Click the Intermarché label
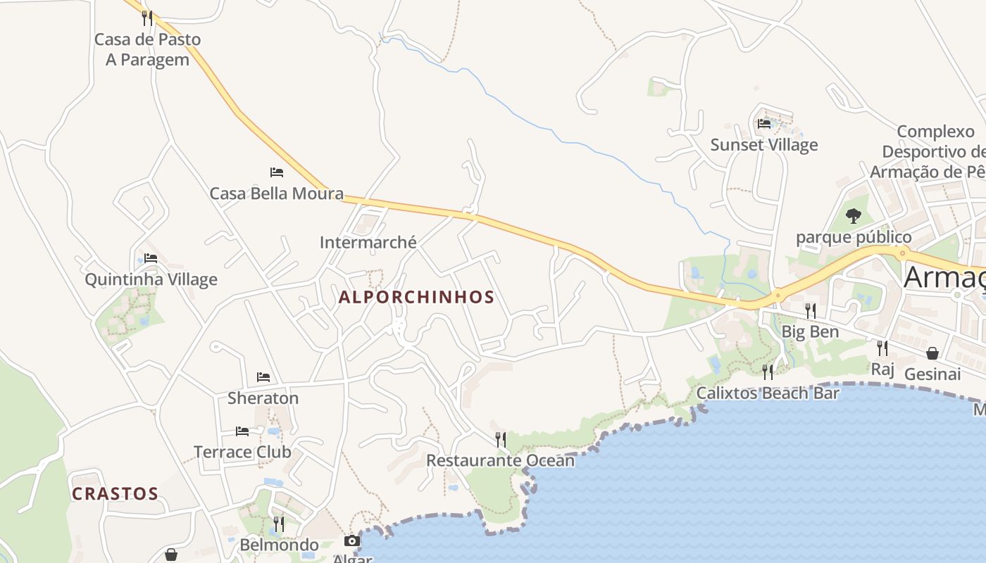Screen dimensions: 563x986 tap(368, 243)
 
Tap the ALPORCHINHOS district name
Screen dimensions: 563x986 tap(416, 297)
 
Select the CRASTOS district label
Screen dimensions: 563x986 tap(115, 493)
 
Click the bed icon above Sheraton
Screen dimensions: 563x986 tap(263, 377)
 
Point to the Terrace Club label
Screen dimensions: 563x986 tap(242, 452)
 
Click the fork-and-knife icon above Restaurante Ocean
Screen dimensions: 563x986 tap(500, 439)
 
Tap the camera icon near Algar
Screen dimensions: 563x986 tap(351, 540)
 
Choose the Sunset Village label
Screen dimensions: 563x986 tap(763, 145)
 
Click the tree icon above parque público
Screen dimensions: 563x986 tap(854, 215)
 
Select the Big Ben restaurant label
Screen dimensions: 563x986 tap(810, 331)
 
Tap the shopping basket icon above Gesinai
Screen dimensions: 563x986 tap(932, 353)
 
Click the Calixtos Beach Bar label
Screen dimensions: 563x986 tap(768, 393)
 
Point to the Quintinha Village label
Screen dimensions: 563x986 tap(151, 279)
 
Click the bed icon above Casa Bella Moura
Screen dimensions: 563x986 tap(277, 172)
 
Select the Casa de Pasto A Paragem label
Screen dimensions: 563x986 tap(147, 49)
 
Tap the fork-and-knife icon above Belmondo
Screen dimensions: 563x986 tap(279, 524)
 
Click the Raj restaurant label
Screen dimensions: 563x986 tap(882, 369)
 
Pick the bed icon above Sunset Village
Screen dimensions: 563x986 tap(764, 124)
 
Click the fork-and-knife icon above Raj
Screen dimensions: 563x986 tap(882, 348)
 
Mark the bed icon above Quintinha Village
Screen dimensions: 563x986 tap(151, 258)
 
